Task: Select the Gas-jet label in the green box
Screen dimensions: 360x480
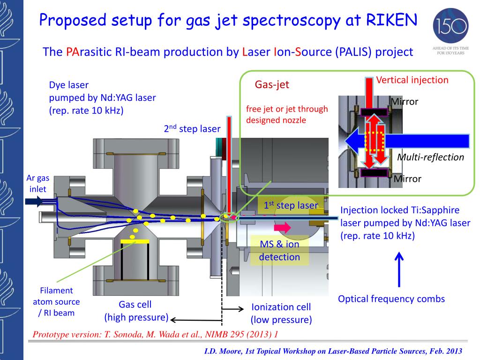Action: coord(272,85)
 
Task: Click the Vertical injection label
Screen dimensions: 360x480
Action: coord(412,80)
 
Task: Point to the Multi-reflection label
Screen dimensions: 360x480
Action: coord(430,157)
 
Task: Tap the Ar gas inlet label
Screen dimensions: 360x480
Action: coord(37,184)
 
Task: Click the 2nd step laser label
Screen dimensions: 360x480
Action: coord(192,129)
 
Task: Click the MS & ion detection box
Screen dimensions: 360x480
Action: coord(280,250)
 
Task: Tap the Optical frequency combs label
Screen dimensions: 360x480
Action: coord(391,299)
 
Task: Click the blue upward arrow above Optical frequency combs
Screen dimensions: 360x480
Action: coord(399,269)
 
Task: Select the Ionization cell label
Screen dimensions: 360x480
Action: coord(281,313)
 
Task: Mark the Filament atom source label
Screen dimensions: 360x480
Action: coord(56,301)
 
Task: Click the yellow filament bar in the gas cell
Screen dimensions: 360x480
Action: coord(135,241)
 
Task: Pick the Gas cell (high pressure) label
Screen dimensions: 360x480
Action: coord(135,311)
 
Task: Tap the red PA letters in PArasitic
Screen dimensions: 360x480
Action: coord(72,52)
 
